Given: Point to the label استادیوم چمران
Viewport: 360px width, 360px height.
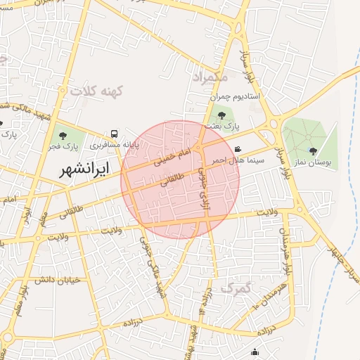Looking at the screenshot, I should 240,95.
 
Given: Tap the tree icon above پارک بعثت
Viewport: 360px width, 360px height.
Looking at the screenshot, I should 222,115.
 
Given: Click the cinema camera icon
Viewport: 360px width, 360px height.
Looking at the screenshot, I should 239,149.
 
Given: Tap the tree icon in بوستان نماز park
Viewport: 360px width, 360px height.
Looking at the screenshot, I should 313,151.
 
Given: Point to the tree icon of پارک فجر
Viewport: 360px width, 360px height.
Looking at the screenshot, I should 63,136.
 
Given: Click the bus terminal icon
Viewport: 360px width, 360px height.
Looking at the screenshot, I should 114,134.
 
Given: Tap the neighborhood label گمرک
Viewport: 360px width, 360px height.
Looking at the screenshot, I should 236,288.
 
